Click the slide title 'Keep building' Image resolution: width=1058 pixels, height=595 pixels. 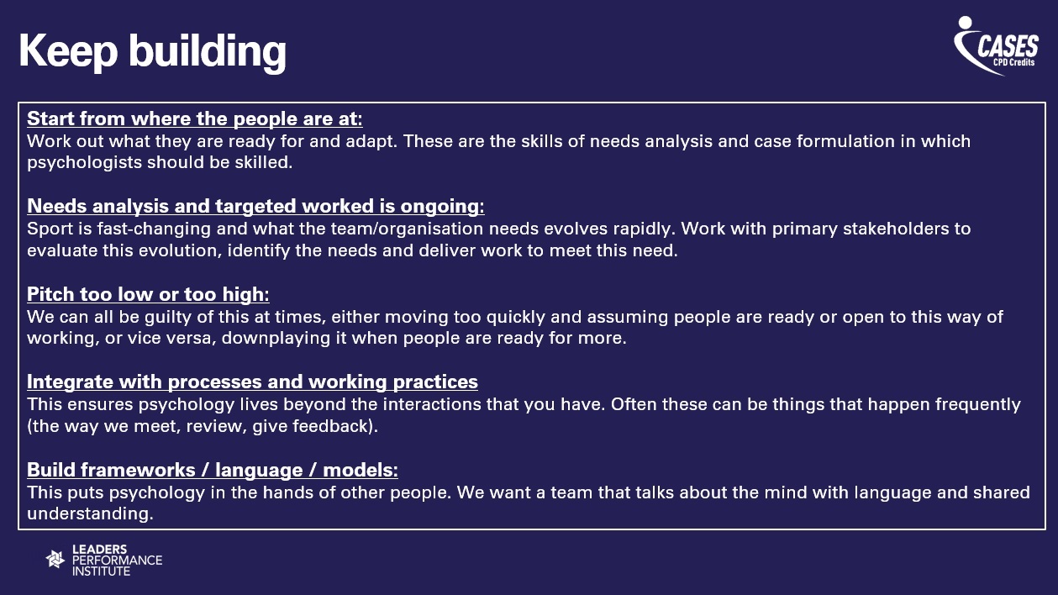(x=152, y=52)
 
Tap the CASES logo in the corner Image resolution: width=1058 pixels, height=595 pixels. (x=996, y=46)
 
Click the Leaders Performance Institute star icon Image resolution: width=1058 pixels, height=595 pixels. (x=55, y=560)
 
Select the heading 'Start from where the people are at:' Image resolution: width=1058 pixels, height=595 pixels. (x=195, y=118)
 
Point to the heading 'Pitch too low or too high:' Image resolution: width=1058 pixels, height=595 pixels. (x=148, y=294)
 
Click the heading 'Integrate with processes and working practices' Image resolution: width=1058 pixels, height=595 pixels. (x=252, y=382)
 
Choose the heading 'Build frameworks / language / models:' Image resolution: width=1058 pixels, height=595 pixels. (x=213, y=470)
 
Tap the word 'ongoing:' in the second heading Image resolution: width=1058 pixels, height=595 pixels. (x=442, y=207)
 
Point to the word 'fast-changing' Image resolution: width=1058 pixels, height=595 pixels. (x=154, y=229)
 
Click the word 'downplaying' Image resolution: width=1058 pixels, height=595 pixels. (x=276, y=339)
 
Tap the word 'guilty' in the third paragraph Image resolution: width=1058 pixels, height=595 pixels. (x=168, y=318)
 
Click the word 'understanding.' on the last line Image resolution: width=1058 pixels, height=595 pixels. (x=90, y=513)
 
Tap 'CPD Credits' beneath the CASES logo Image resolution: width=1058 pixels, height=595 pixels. (x=1013, y=62)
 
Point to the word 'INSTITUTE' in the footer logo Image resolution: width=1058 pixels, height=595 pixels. (x=101, y=571)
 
